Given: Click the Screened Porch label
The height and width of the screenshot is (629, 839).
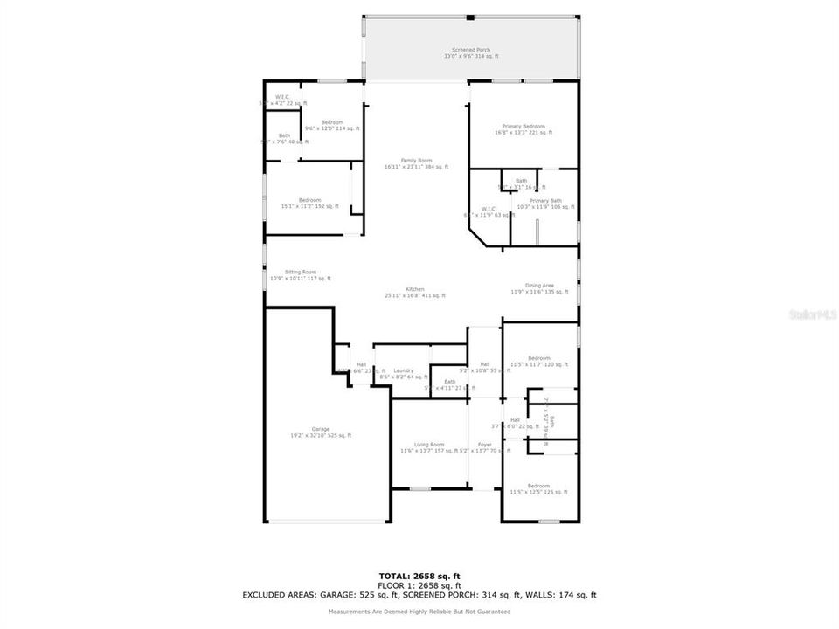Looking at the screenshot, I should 471,53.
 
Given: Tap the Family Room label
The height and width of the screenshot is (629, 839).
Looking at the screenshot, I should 416,163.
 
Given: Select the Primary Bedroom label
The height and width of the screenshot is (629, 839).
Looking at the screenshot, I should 523,129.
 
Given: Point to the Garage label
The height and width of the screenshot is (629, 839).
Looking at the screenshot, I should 321,432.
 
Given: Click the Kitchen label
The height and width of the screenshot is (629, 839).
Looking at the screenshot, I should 414,292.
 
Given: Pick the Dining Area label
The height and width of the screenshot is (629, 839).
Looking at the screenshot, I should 538,288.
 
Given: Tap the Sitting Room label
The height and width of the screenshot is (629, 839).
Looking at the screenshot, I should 300,275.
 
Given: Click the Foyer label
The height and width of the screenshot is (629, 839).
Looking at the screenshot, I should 484,447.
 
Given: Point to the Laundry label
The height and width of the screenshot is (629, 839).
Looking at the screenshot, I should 403,373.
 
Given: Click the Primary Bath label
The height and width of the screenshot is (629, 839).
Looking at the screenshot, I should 545,204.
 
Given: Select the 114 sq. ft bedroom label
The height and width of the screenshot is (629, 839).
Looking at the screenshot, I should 331,125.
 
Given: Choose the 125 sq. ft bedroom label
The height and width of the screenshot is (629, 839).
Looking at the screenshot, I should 538,488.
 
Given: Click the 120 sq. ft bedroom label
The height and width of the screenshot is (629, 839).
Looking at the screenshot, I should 538,361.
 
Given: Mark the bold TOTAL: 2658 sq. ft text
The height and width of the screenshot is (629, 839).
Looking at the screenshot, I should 419,576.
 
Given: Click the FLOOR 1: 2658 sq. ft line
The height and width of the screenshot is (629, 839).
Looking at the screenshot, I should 419,585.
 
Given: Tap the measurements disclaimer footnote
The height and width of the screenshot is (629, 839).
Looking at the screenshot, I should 419,612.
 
